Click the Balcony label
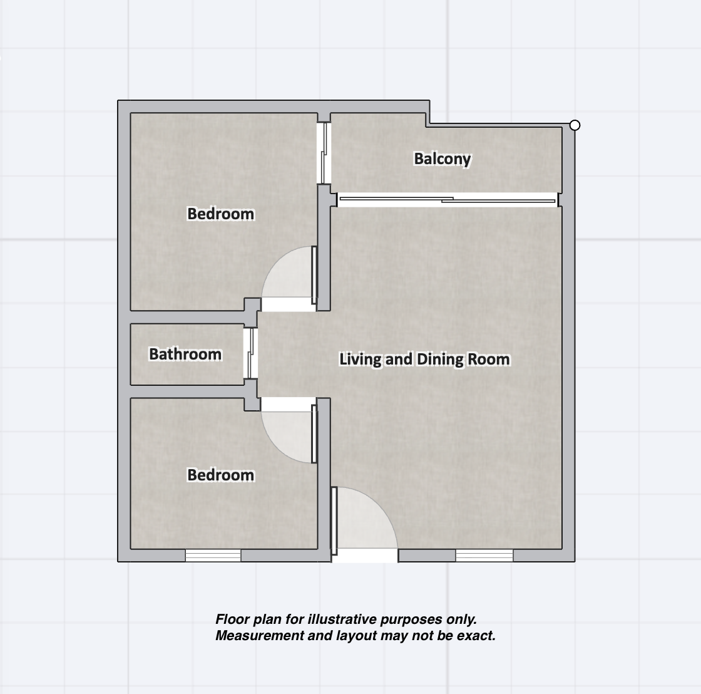click(x=442, y=159)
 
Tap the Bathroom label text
click(x=185, y=354)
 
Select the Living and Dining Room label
click(x=424, y=359)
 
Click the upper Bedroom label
click(x=220, y=214)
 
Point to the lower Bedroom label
click(x=220, y=475)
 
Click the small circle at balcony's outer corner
click(x=575, y=125)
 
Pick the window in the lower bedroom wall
click(x=213, y=556)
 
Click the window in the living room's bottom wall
click(x=484, y=556)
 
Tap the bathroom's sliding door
click(x=251, y=353)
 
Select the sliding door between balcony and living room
click(x=447, y=200)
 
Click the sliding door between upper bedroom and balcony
click(x=324, y=153)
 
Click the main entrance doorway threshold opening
click(x=365, y=556)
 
